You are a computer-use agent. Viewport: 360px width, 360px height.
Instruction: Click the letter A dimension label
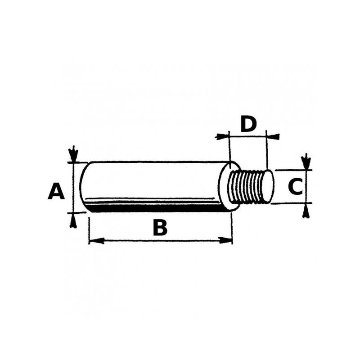point(56,191)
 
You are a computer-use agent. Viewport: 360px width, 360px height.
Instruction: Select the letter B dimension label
point(160,228)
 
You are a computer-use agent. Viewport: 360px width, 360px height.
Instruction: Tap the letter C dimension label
point(295,187)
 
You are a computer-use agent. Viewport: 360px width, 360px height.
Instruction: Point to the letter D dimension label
point(248,124)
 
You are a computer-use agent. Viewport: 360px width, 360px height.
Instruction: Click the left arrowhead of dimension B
point(93,241)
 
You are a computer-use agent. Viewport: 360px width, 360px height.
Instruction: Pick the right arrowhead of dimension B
point(228,241)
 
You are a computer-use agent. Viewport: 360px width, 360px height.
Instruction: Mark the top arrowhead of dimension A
point(72,155)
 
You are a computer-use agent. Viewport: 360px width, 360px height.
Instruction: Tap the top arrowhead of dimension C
point(306,163)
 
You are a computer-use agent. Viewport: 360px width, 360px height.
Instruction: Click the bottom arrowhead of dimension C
point(306,209)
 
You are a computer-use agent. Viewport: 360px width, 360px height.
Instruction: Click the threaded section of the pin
point(247,186)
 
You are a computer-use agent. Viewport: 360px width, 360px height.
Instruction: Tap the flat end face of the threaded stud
point(267,186)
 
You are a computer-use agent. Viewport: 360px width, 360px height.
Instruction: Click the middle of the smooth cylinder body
point(153,180)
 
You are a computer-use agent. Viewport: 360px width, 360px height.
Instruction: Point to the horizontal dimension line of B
point(135,241)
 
